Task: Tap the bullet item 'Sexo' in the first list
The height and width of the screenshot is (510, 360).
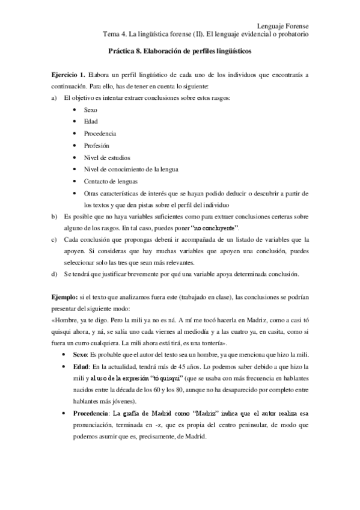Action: pos(91,111)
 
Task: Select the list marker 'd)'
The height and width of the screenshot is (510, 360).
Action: pos(55,275)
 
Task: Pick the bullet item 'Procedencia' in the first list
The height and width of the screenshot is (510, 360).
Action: pos(100,134)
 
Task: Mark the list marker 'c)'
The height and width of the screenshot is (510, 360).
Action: pos(55,241)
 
